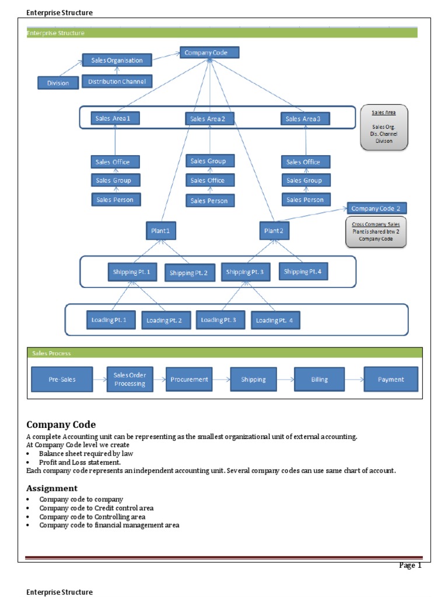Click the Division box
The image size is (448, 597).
[58, 83]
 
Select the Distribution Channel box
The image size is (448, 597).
[117, 81]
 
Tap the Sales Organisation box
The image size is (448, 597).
[117, 60]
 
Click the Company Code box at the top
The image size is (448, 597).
[209, 53]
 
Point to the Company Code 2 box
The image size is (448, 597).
[376, 208]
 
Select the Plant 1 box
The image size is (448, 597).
[160, 231]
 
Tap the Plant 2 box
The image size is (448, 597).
[274, 231]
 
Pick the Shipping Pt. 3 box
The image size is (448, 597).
[245, 272]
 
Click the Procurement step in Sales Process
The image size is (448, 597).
[189, 380]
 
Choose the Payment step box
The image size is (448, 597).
[390, 380]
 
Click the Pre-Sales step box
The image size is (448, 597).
[62, 380]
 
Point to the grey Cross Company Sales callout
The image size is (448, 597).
[376, 232]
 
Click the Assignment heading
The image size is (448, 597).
[52, 488]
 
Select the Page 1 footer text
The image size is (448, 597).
[409, 565]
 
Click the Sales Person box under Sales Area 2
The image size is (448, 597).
[211, 201]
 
